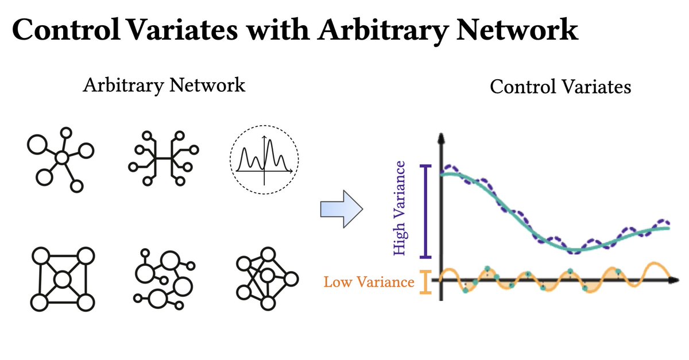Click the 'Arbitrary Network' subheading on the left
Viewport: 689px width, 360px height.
pos(164,86)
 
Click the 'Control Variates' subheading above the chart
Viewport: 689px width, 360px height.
pos(560,87)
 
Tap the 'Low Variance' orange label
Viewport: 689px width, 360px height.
pos(369,282)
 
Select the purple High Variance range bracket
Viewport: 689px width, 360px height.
pos(425,211)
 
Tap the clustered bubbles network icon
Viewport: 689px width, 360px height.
pos(164,279)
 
